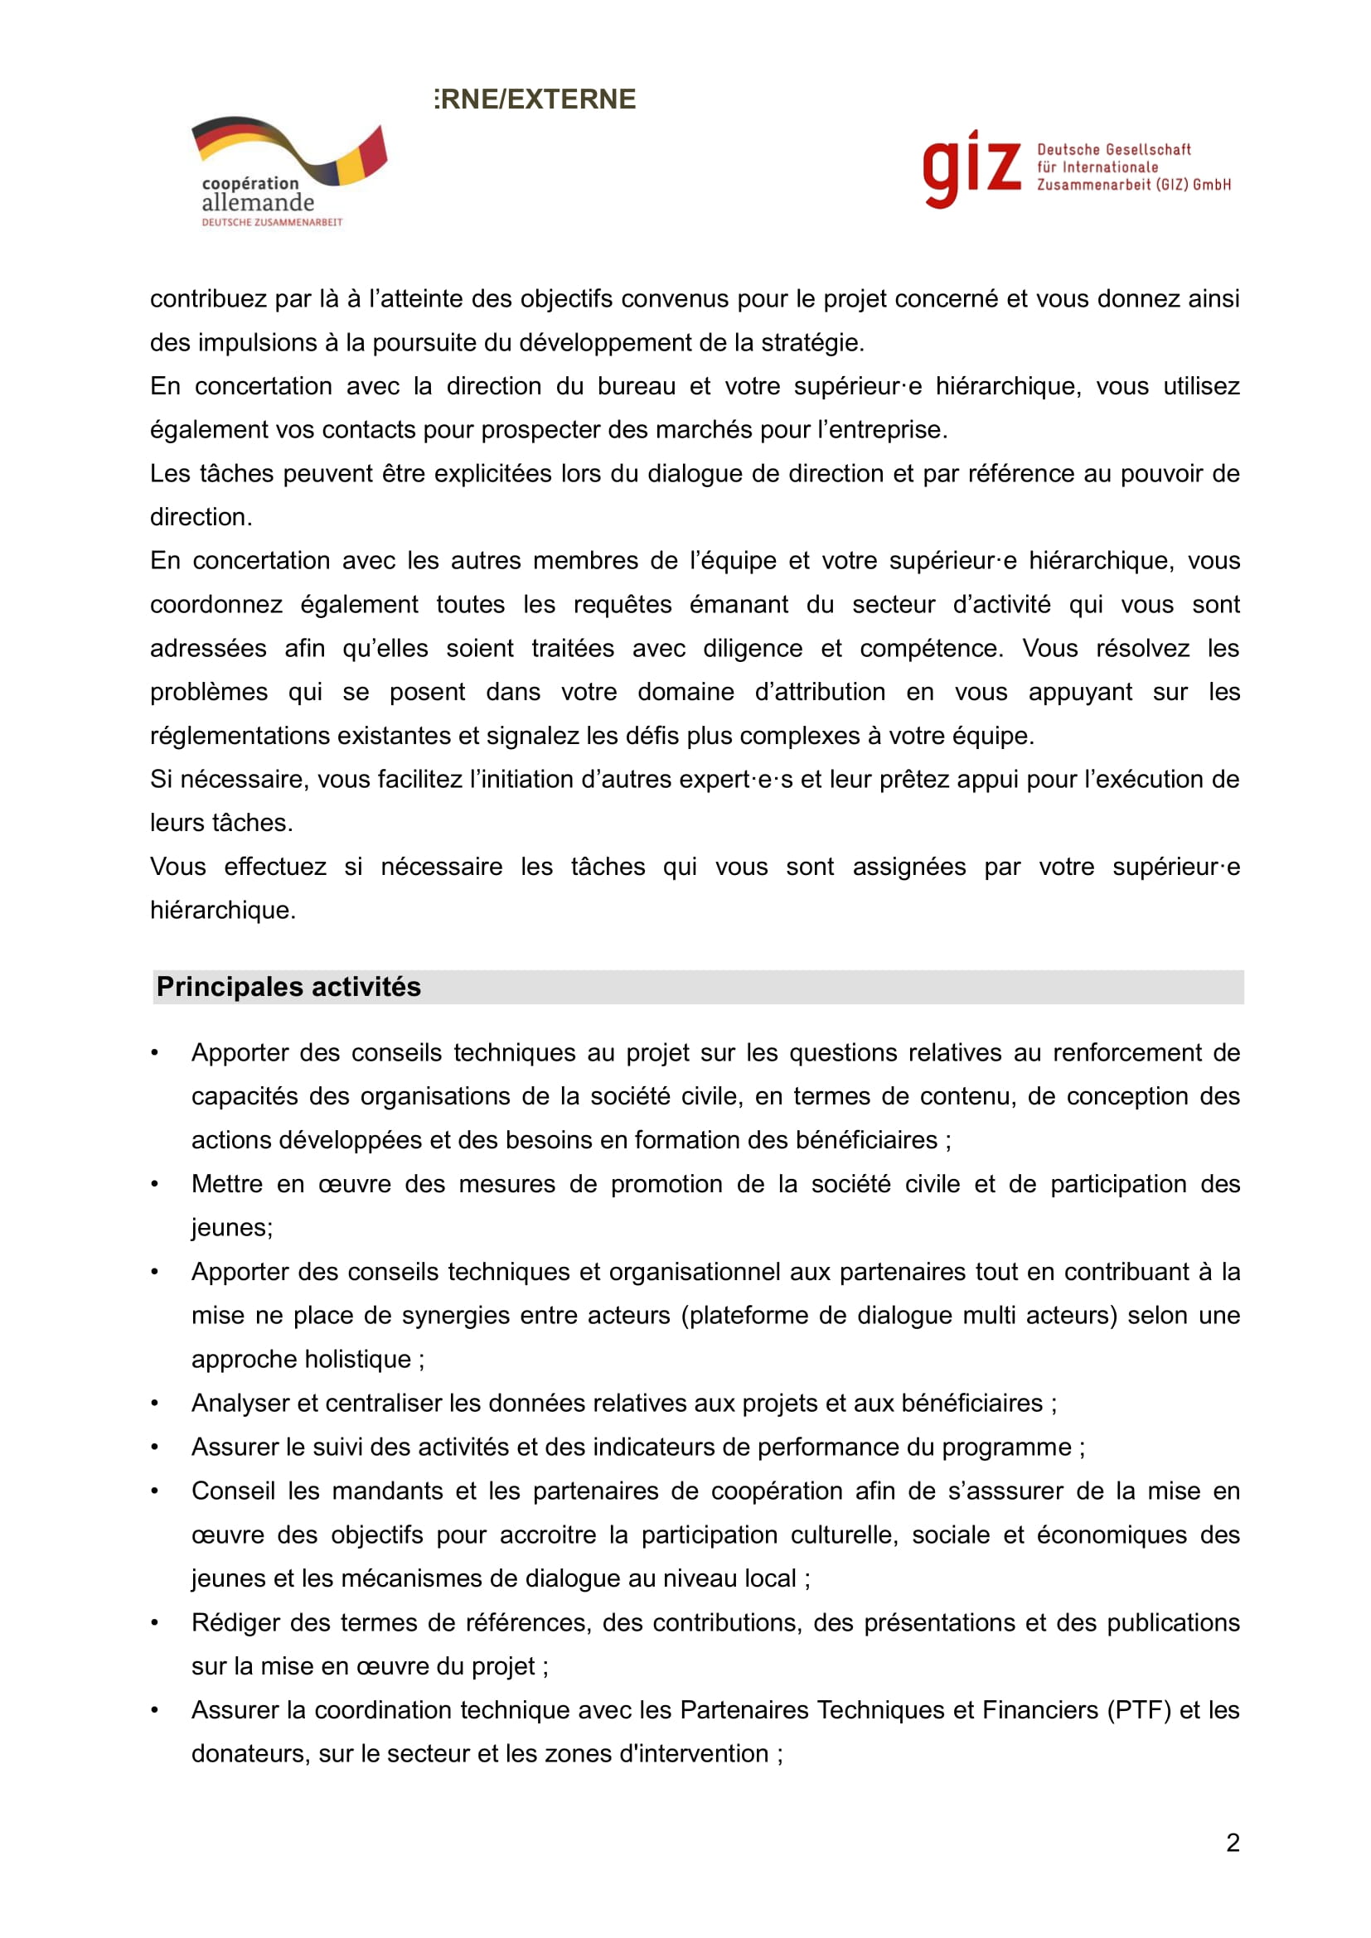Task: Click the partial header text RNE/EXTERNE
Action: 536,99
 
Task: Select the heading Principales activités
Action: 288,987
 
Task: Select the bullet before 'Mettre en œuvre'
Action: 154,1184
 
